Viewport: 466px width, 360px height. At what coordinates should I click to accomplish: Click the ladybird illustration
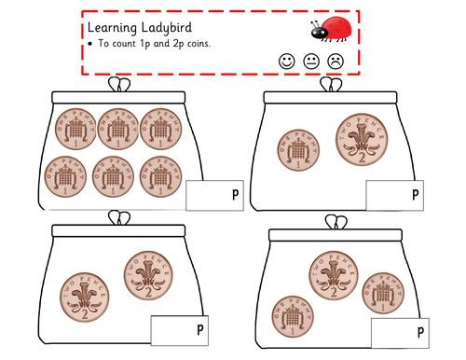(332, 29)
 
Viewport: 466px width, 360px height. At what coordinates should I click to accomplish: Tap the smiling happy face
(286, 62)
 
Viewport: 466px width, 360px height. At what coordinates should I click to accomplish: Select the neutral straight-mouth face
(311, 62)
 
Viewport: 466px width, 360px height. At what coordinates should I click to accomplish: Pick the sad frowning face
(336, 62)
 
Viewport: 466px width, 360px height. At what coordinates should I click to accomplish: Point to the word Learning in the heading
(112, 28)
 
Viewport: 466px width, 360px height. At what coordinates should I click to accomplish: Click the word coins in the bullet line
(199, 44)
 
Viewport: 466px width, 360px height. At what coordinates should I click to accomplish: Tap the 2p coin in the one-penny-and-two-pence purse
(362, 139)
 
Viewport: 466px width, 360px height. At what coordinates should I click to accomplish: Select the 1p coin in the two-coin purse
(298, 150)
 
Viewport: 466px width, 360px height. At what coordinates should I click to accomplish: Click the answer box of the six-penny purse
(214, 195)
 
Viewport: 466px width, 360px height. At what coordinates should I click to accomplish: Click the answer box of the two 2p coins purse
(180, 330)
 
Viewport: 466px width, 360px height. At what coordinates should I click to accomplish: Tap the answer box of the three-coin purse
(400, 333)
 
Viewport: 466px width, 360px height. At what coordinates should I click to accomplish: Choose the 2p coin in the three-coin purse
(334, 276)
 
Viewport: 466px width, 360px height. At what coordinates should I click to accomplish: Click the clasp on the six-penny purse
(119, 85)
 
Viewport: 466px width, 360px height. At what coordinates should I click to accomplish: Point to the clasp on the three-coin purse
(336, 222)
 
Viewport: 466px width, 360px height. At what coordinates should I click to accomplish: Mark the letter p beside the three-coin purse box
(420, 332)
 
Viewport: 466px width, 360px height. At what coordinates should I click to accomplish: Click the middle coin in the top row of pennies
(118, 129)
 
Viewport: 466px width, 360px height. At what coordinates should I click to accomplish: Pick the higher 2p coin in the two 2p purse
(148, 276)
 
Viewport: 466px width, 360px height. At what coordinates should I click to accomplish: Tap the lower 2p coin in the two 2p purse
(85, 298)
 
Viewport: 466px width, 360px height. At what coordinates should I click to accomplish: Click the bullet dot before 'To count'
(90, 44)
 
